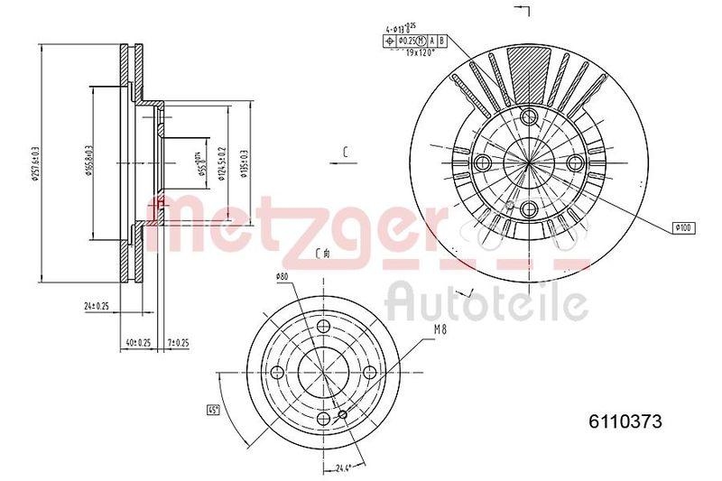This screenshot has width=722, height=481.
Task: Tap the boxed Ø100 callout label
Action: point(681,228)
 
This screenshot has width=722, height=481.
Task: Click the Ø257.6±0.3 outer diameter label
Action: point(35,162)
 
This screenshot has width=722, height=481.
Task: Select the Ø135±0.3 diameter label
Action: point(245,162)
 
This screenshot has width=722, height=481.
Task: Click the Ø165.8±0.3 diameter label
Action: point(89,162)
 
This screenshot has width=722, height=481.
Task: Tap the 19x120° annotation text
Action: point(421,53)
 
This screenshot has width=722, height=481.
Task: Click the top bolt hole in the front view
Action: point(528,117)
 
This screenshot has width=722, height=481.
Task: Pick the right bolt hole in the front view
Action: point(576,162)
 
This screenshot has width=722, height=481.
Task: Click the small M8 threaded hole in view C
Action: point(342,415)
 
